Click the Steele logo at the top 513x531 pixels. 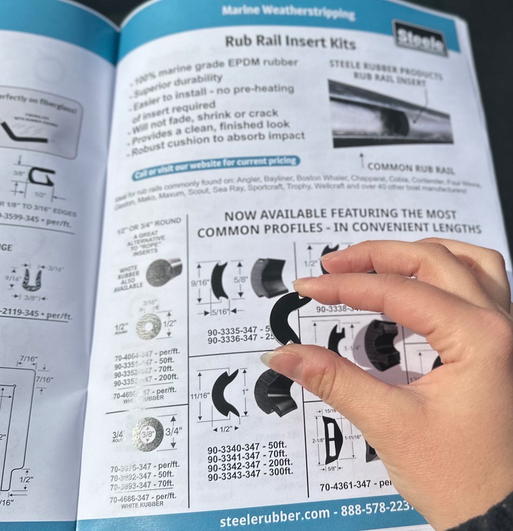[420, 38]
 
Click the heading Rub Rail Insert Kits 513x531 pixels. [290, 41]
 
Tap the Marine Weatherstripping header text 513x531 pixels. [288, 12]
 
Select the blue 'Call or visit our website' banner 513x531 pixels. [215, 167]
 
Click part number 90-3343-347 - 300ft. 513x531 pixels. [250, 473]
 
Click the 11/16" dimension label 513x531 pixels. [199, 395]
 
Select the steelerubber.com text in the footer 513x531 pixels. [275, 516]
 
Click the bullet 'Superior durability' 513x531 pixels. [179, 83]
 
